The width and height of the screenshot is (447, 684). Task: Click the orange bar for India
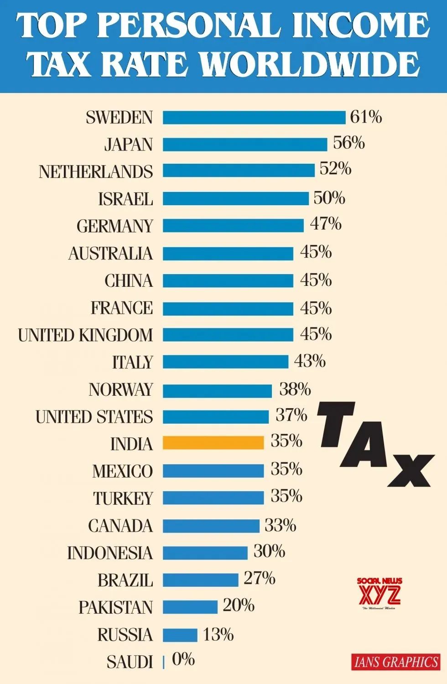pyautogui.click(x=213, y=443)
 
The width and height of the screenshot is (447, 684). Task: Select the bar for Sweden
pyautogui.click(x=254, y=117)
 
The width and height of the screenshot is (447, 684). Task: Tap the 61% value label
pyautogui.click(x=366, y=117)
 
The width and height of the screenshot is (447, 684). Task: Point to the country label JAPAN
pyautogui.click(x=128, y=145)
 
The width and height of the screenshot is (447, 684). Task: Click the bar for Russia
pyautogui.click(x=180, y=635)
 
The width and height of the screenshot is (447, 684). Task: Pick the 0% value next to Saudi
pyautogui.click(x=183, y=659)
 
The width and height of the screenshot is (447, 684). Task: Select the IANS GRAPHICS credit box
pyautogui.click(x=396, y=662)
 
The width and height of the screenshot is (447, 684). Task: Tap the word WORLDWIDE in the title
pyautogui.click(x=310, y=65)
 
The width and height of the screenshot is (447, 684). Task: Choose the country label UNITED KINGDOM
pyautogui.click(x=85, y=335)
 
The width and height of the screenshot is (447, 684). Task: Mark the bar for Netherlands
pyautogui.click(x=239, y=171)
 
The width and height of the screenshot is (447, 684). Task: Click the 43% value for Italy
pyautogui.click(x=310, y=361)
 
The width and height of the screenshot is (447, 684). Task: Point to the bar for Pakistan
pyautogui.click(x=190, y=607)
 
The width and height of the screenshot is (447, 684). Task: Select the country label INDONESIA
pyautogui.click(x=109, y=553)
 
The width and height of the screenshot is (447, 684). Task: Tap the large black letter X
pyautogui.click(x=410, y=470)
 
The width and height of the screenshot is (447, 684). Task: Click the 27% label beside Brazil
pyautogui.click(x=259, y=578)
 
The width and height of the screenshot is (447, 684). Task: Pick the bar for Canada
pyautogui.click(x=211, y=526)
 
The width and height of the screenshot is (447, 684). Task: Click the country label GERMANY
pyautogui.click(x=114, y=226)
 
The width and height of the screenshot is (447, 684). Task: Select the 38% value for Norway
pyautogui.click(x=295, y=389)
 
